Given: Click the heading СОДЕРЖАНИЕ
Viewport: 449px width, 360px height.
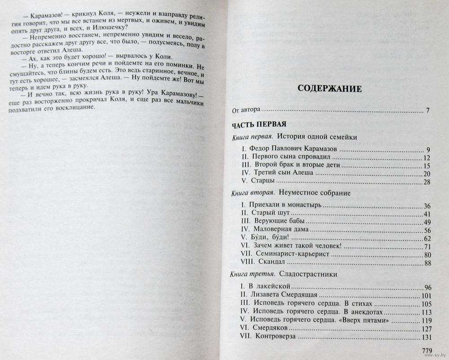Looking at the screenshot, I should point(330,88).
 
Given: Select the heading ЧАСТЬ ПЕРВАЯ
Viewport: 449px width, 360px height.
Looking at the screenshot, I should point(256,124).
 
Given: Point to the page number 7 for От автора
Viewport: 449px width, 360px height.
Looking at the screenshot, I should point(428,110).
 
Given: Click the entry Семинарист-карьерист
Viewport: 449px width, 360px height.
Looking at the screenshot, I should point(291,254).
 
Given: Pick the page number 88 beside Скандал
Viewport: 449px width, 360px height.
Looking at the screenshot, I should point(427,263).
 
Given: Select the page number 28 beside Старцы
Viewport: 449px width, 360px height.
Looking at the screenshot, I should point(427,182).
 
